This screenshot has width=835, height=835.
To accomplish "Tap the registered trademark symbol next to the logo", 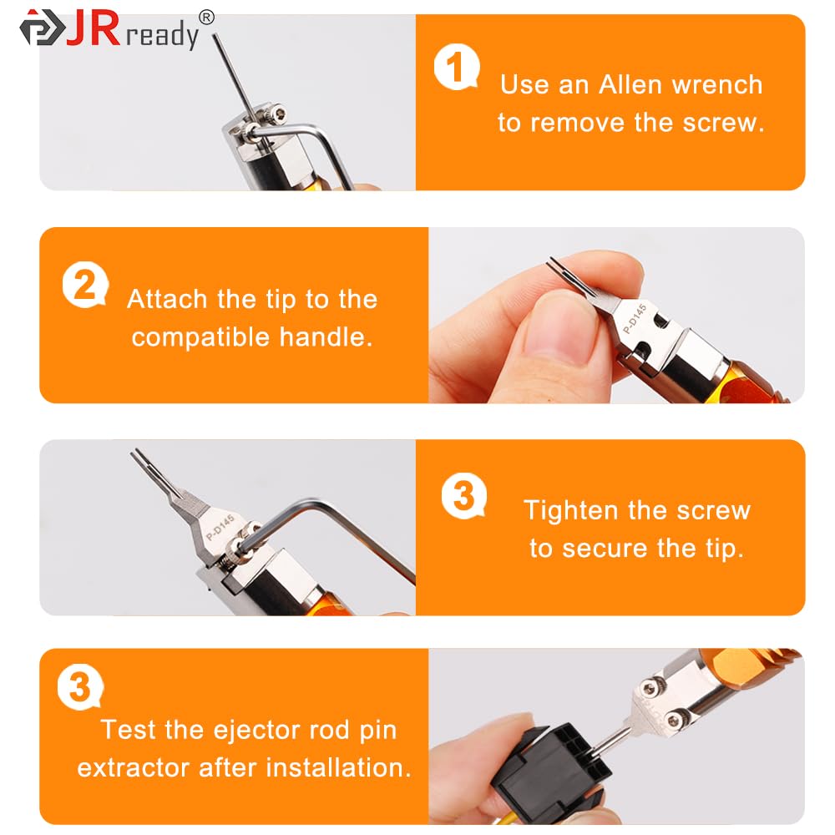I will (x=206, y=17).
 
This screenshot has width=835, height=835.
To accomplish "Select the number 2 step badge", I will (x=84, y=286).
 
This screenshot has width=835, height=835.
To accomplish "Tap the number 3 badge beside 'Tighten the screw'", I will (x=463, y=498).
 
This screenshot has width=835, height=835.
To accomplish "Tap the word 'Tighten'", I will (x=572, y=510).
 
